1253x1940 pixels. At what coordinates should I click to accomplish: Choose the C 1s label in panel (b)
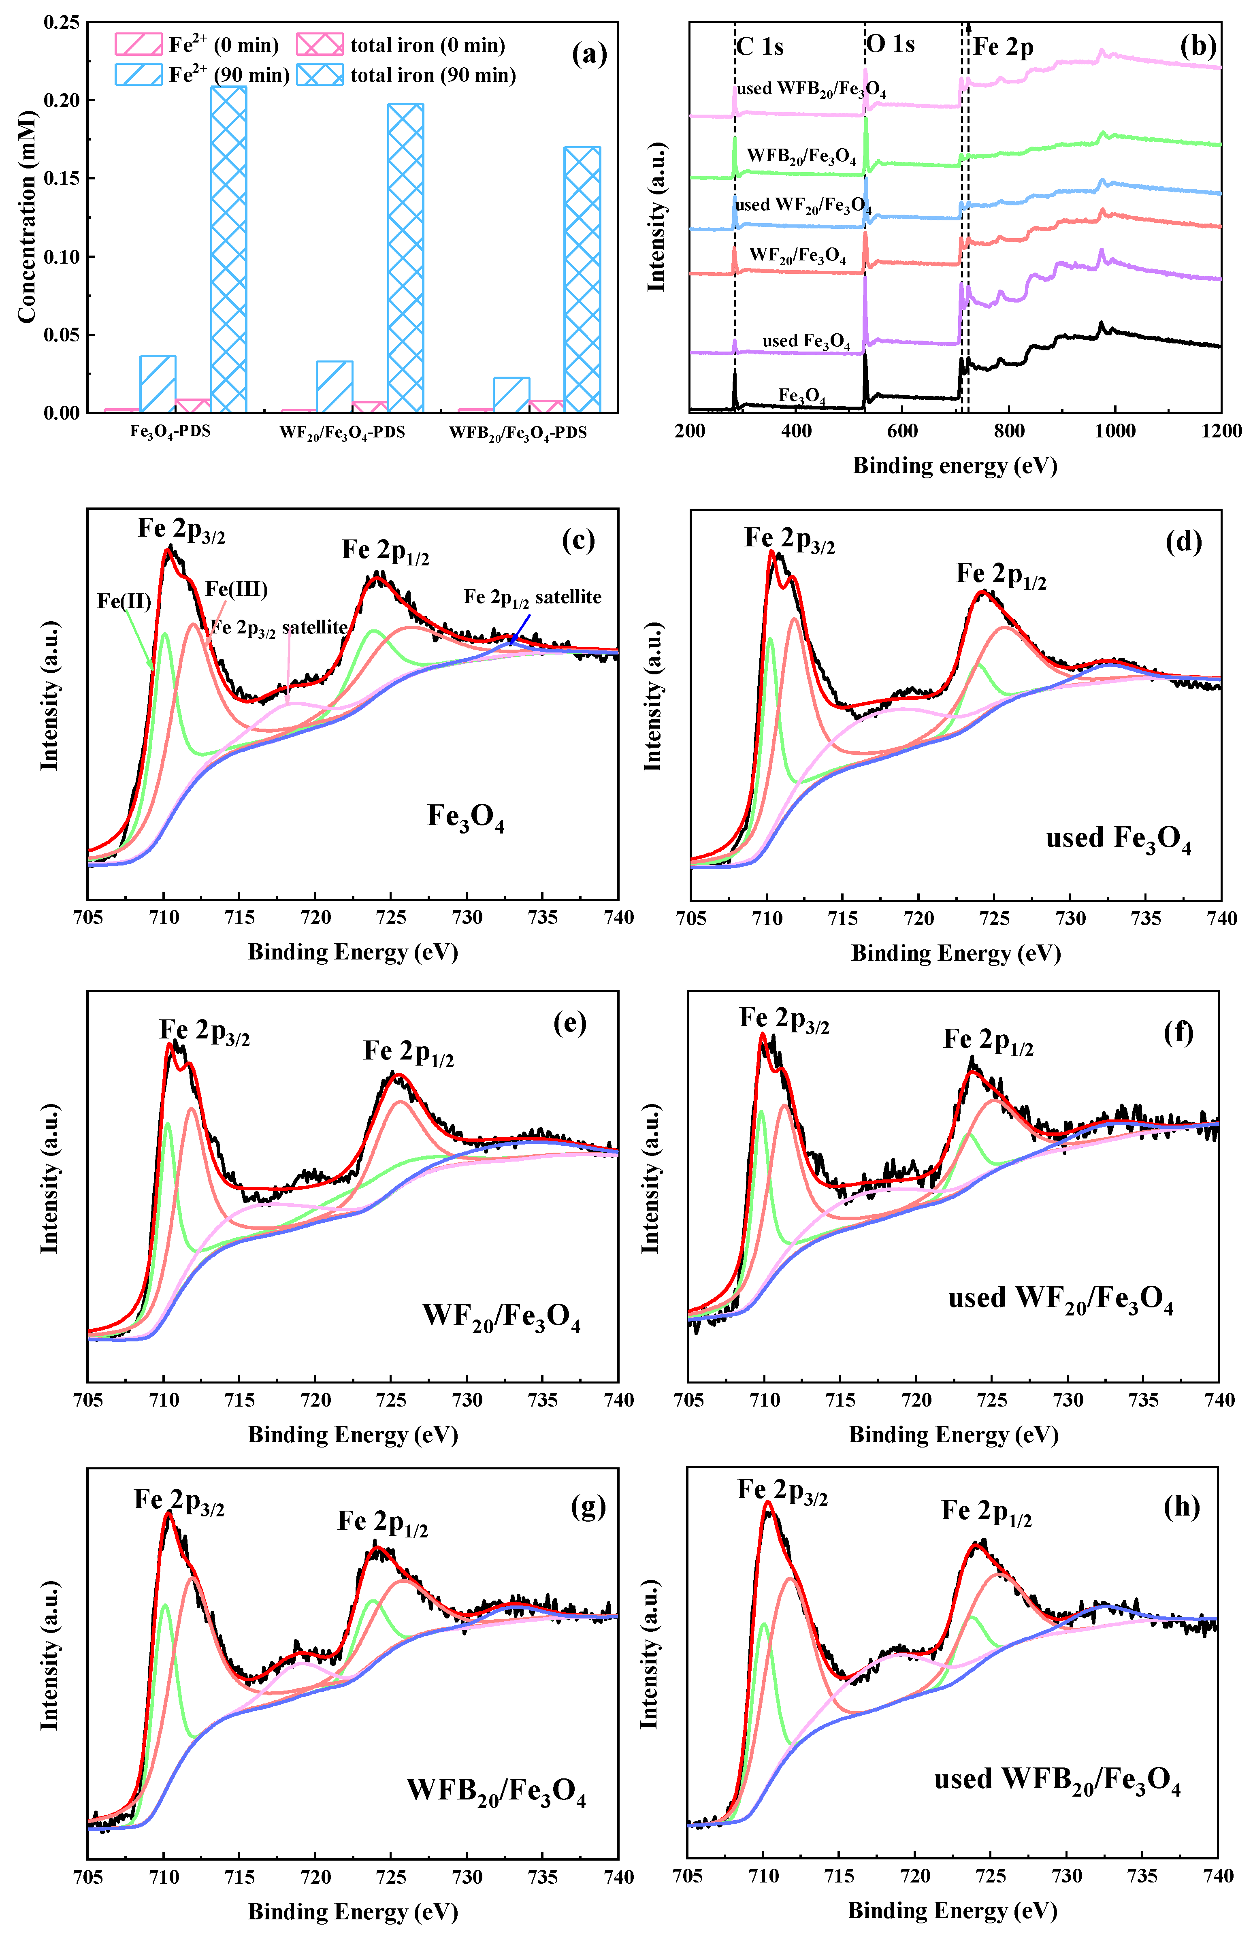tap(760, 47)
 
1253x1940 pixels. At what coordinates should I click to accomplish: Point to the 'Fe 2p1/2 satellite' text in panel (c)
tap(533, 597)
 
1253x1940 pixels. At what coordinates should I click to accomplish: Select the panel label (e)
tap(569, 1023)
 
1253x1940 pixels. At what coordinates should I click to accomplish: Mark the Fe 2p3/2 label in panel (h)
tap(783, 1491)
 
